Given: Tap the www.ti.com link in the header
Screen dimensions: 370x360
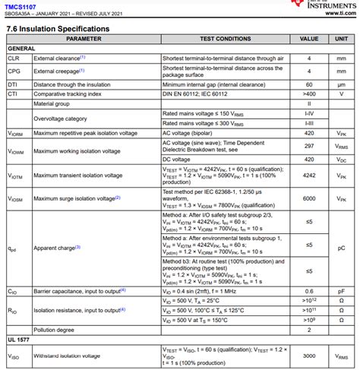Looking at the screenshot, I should tap(334, 13).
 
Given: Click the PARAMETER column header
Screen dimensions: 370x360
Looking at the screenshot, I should tap(84, 38).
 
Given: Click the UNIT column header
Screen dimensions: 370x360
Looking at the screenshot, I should tap(341, 38).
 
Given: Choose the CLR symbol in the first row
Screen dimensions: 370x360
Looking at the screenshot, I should tap(14, 58).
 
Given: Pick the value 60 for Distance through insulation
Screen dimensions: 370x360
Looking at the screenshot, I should tap(309, 84).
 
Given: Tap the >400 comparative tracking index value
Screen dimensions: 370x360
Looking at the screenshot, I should tap(309, 93).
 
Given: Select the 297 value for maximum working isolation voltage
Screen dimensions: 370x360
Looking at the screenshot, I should tap(309, 147).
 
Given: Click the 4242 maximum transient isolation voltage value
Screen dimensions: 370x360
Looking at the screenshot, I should tap(309, 175).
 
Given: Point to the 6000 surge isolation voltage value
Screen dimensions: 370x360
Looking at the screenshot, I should tap(309, 198).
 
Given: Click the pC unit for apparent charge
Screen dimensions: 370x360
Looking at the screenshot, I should tap(341, 248).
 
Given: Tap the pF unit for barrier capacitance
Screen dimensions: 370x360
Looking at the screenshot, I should tap(341, 290).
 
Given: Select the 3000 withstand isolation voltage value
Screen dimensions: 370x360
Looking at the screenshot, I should tap(309, 356).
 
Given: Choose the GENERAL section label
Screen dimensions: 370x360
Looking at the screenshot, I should tap(21, 48).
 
